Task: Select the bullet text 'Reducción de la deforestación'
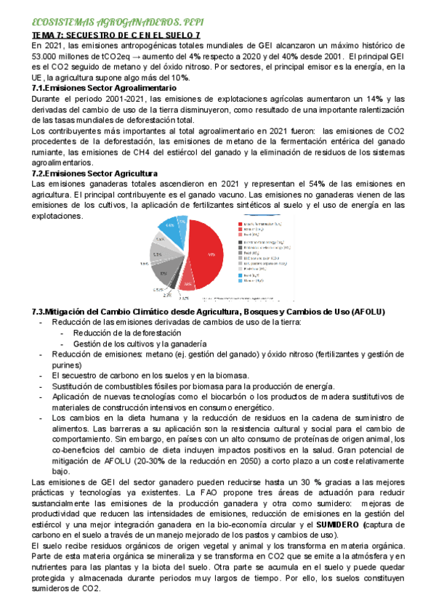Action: pos(126,333)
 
